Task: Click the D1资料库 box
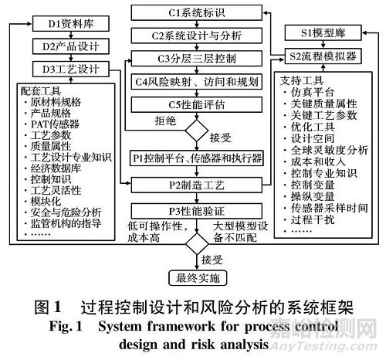(71, 24)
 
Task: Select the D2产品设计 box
(71, 46)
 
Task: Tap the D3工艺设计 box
(71, 69)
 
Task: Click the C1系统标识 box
(197, 12)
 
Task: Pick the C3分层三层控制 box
(197, 59)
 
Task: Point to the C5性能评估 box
(197, 104)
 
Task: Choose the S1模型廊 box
(323, 32)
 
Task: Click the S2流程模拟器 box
(323, 56)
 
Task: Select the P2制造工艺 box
(197, 185)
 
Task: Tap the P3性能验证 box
(197, 211)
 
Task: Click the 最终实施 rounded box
(198, 278)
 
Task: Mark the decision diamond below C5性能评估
(197, 131)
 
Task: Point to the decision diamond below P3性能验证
(197, 243)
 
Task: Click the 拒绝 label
(165, 121)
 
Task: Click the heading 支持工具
(302, 80)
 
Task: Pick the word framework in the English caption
(181, 327)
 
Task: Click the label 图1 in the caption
(48, 307)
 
